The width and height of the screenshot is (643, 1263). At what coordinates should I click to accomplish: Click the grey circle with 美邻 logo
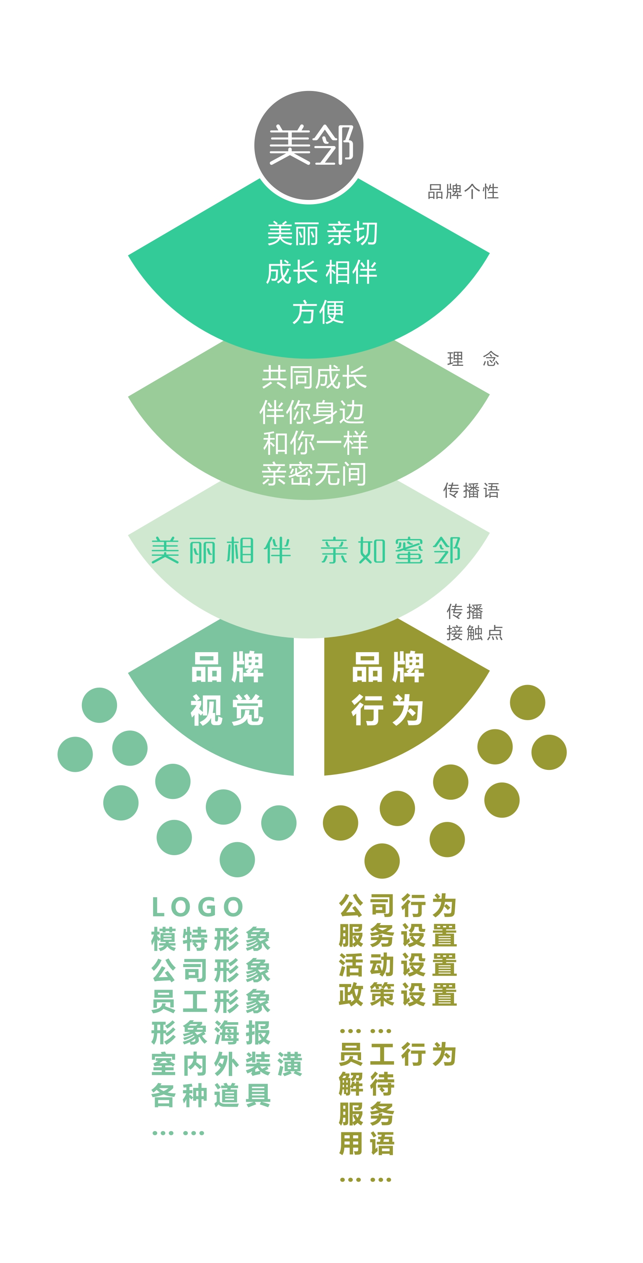click(x=309, y=145)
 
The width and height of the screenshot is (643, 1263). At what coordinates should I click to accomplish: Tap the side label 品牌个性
click(x=463, y=192)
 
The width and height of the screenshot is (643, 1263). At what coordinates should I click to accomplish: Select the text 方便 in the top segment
click(x=318, y=312)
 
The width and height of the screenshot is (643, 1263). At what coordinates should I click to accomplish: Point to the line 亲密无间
click(x=314, y=474)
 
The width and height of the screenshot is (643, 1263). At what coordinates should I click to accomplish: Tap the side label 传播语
click(x=471, y=490)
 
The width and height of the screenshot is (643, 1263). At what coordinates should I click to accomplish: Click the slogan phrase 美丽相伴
click(x=221, y=550)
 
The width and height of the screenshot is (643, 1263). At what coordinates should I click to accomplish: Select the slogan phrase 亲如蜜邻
click(x=391, y=550)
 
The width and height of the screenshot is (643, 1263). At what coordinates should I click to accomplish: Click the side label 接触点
click(x=475, y=633)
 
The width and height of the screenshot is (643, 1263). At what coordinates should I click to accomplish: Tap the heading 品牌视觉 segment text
click(x=227, y=688)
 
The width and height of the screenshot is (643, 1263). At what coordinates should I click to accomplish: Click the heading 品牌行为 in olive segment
click(x=387, y=688)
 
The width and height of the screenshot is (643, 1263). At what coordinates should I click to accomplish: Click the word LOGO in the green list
click(x=197, y=907)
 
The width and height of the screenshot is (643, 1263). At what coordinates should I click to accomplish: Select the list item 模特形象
click(x=211, y=939)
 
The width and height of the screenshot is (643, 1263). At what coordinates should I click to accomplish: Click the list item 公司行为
click(x=398, y=905)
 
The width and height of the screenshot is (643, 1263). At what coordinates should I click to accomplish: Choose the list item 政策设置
click(x=398, y=994)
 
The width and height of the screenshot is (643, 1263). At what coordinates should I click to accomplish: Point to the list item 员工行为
click(x=398, y=1054)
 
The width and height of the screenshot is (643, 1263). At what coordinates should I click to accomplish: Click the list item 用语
click(x=367, y=1143)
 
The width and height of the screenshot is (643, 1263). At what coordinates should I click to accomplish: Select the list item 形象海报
click(x=211, y=1032)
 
